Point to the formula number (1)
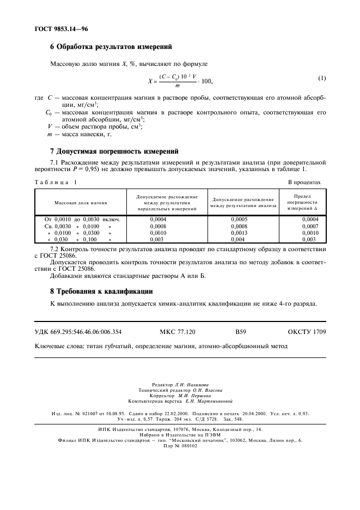(x=322, y=78)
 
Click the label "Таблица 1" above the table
(x=56, y=183)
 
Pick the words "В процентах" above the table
(x=304, y=183)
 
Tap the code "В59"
(x=241, y=331)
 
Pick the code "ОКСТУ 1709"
(x=307, y=331)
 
